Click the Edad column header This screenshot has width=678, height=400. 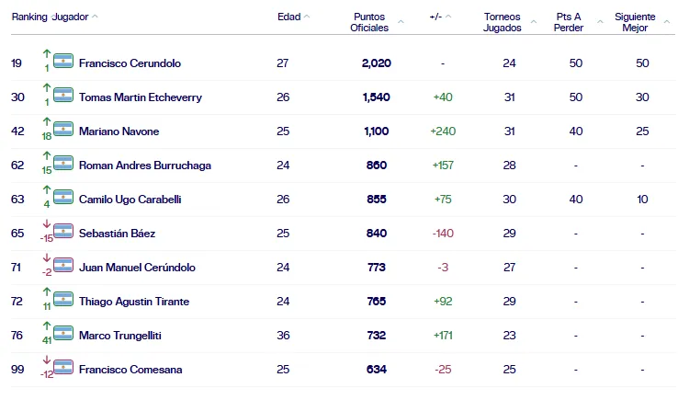288,17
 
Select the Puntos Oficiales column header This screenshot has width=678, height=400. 369,22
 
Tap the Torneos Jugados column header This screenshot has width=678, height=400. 503,22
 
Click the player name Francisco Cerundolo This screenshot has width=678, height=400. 130,63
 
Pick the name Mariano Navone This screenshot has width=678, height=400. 119,131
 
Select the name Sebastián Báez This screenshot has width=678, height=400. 116,233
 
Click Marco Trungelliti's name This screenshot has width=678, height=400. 120,336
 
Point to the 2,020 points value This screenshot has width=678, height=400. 377,63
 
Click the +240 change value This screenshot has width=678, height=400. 443,131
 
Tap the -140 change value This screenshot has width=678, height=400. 443,233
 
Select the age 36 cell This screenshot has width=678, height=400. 283,336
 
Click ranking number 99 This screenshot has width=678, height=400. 17,370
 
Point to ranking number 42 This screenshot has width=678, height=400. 17,131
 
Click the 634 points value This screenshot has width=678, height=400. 375,370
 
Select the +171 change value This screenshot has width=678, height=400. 443,336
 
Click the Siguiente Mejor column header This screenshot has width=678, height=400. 635,22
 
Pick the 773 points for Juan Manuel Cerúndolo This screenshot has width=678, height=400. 375,268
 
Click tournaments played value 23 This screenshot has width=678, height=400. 509,336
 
